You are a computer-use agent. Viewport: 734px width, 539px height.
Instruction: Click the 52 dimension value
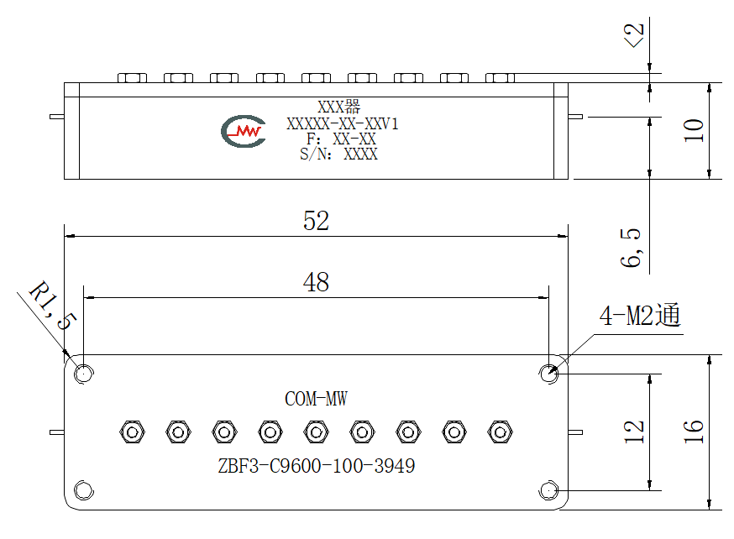[x=316, y=221]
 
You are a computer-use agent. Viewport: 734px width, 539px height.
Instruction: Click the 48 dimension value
[x=316, y=282]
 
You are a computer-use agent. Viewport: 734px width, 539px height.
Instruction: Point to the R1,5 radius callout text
[x=52, y=305]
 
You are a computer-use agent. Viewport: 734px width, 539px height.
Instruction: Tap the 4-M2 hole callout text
[x=640, y=315]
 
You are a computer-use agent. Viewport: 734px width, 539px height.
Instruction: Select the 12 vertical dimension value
[x=634, y=432]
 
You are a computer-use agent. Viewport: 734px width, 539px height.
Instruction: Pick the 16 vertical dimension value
[x=694, y=432]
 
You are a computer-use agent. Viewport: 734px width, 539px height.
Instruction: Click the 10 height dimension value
[x=694, y=130]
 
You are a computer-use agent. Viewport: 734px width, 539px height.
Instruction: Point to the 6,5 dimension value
[x=631, y=248]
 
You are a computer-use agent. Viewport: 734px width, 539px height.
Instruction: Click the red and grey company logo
[x=244, y=131]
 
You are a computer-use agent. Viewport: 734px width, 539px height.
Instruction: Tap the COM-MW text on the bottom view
[x=316, y=399]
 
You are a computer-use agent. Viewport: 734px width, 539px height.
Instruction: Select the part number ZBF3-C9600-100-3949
[x=317, y=466]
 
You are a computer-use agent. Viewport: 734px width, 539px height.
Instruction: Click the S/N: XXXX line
[x=338, y=154]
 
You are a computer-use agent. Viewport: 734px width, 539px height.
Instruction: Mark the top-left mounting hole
[x=84, y=374]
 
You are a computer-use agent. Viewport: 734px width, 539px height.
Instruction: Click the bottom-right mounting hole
[x=548, y=491]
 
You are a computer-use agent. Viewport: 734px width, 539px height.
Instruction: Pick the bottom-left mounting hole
[x=84, y=491]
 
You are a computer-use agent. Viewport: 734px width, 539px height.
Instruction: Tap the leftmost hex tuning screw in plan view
[x=132, y=432]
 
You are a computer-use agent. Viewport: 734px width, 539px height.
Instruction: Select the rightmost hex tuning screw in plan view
[x=500, y=432]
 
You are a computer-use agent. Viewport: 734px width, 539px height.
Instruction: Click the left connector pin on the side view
[x=56, y=117]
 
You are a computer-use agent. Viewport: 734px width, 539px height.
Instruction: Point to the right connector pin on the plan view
[x=575, y=432]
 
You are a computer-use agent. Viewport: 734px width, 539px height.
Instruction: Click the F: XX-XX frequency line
[x=341, y=139]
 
